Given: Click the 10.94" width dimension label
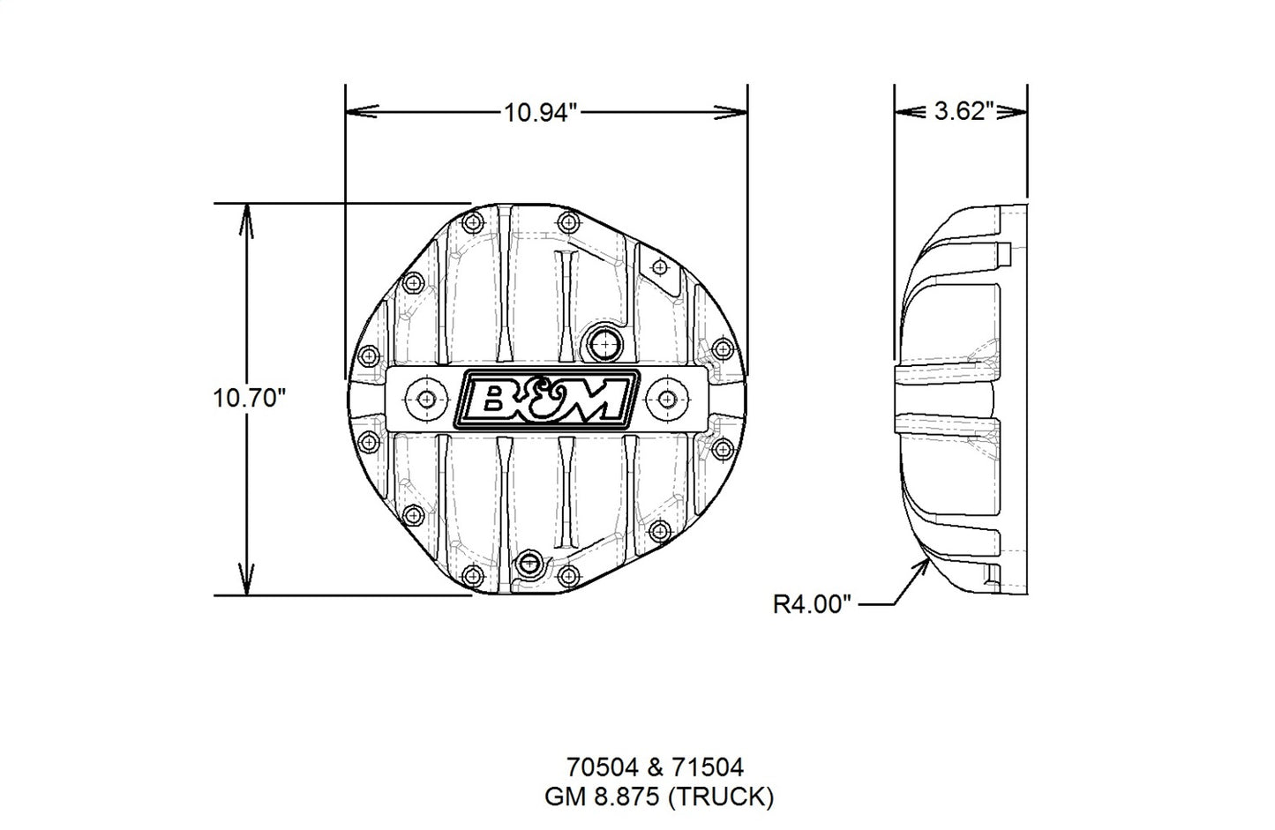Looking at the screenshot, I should (541, 112).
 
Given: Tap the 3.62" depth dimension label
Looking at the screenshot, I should (965, 112).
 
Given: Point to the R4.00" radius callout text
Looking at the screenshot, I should (812, 604).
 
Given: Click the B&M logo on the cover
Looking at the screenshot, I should (547, 400).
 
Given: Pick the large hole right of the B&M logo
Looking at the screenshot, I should (664, 400).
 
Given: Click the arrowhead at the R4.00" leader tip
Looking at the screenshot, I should (918, 572).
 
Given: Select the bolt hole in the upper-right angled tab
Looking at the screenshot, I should (659, 265).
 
